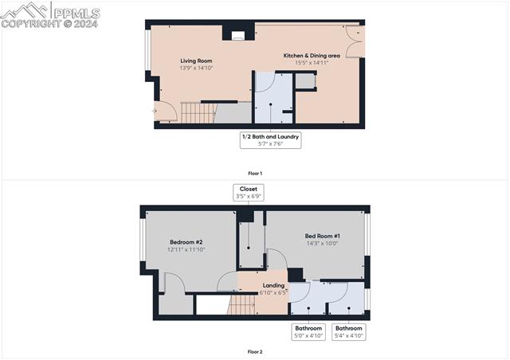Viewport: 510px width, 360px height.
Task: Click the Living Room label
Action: pyautogui.click(x=196, y=61)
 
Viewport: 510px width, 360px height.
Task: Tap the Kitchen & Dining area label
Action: pyautogui.click(x=312, y=56)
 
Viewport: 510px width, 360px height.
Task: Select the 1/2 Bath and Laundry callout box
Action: pyautogui.click(x=270, y=139)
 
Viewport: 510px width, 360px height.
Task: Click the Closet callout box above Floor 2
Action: pyautogui.click(x=249, y=193)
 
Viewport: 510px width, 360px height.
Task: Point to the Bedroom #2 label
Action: pyautogui.click(x=186, y=242)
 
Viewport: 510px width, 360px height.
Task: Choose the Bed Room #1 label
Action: pyautogui.click(x=322, y=236)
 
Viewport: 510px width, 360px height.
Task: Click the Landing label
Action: pyautogui.click(x=273, y=285)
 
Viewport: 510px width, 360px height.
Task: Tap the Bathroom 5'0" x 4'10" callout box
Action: pyautogui.click(x=308, y=332)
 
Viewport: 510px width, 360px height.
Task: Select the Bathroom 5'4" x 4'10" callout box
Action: pyautogui.click(x=348, y=332)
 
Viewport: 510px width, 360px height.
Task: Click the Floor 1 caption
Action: pyautogui.click(x=255, y=173)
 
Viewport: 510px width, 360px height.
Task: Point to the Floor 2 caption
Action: pyautogui.click(x=255, y=351)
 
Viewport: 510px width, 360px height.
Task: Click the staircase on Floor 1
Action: pyautogui.click(x=198, y=113)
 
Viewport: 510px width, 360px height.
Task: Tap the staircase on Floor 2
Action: pyautogui.click(x=242, y=303)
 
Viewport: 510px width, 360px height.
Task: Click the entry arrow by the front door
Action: pyautogui.click(x=155, y=111)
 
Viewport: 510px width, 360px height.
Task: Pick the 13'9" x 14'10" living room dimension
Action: pyautogui.click(x=196, y=68)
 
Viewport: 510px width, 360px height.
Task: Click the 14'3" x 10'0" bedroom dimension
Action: pyautogui.click(x=322, y=244)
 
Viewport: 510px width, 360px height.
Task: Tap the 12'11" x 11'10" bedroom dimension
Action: pyautogui.click(x=186, y=250)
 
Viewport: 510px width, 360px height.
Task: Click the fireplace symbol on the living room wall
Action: pyautogui.click(x=238, y=35)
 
